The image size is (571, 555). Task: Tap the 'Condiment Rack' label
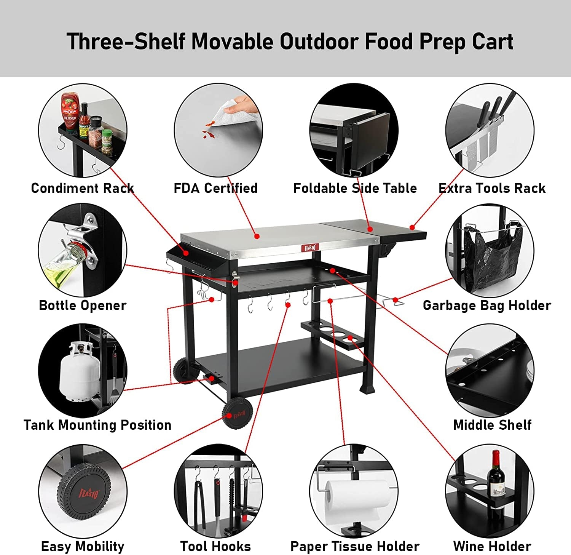tap(82, 188)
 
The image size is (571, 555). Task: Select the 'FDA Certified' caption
tap(215, 188)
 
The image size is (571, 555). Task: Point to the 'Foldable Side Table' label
tap(355, 188)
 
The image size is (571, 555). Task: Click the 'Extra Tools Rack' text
tap(492, 188)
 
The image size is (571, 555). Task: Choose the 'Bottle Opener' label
tap(83, 305)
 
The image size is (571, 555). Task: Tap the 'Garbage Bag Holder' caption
tap(487, 305)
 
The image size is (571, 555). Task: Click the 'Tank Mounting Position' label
tap(97, 425)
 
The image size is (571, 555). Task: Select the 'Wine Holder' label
tap(492, 547)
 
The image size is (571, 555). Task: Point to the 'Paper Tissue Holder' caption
tap(355, 547)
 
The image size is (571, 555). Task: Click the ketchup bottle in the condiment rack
tap(69, 112)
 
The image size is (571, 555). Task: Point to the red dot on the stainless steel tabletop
tap(257, 237)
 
